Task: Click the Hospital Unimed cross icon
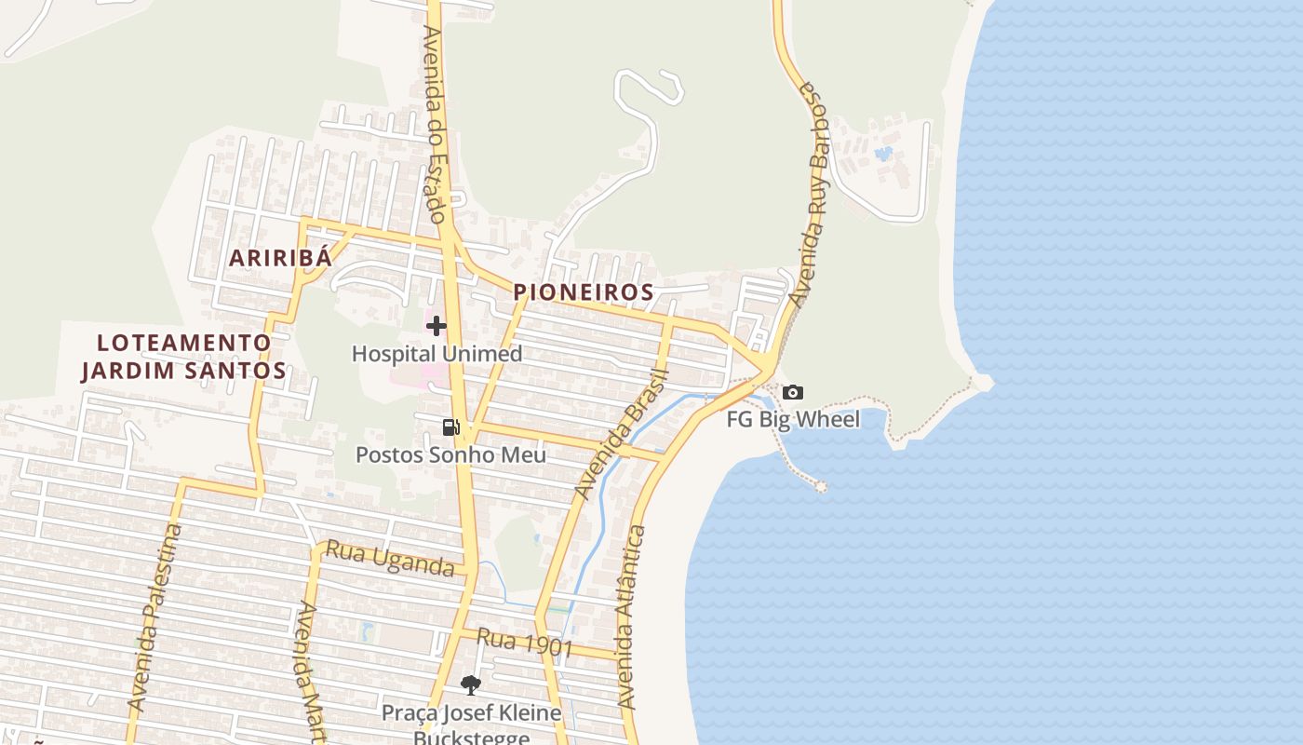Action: [436, 326]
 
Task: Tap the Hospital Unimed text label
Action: [437, 354]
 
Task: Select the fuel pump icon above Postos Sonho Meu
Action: [451, 427]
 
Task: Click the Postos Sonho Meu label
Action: [450, 455]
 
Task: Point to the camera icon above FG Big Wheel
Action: [792, 393]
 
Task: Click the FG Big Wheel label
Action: [793, 419]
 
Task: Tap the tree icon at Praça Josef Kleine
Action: [471, 685]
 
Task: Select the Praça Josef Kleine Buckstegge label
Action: [471, 725]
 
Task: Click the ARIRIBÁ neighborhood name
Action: [280, 258]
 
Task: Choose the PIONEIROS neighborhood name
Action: [584, 292]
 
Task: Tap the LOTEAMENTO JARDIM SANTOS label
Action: [183, 357]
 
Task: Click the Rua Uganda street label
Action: [389, 560]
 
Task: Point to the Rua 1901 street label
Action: [524, 643]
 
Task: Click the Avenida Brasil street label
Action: [622, 432]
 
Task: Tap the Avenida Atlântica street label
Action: [630, 616]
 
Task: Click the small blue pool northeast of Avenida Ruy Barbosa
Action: [883, 153]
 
